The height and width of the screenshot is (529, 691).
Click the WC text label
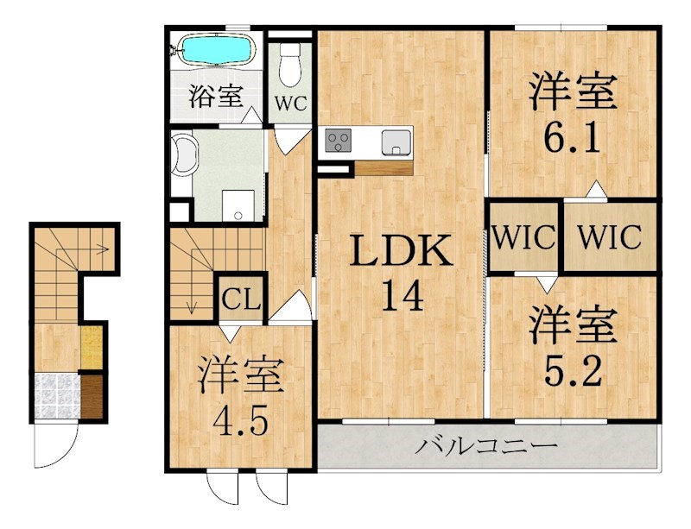pyautogui.click(x=290, y=103)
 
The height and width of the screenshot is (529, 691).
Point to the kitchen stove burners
pyautogui.click(x=337, y=140)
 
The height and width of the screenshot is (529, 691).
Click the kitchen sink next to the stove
pyautogui.click(x=395, y=141)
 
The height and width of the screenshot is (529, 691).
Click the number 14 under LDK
pyautogui.click(x=400, y=298)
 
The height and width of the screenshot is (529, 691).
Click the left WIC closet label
pyautogui.click(x=524, y=236)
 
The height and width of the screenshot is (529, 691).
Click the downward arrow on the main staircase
pyautogui.click(x=192, y=302)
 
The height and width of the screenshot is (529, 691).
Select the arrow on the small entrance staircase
pyautogui.click(x=101, y=250)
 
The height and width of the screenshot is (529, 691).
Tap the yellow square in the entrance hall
pyautogui.click(x=92, y=347)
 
